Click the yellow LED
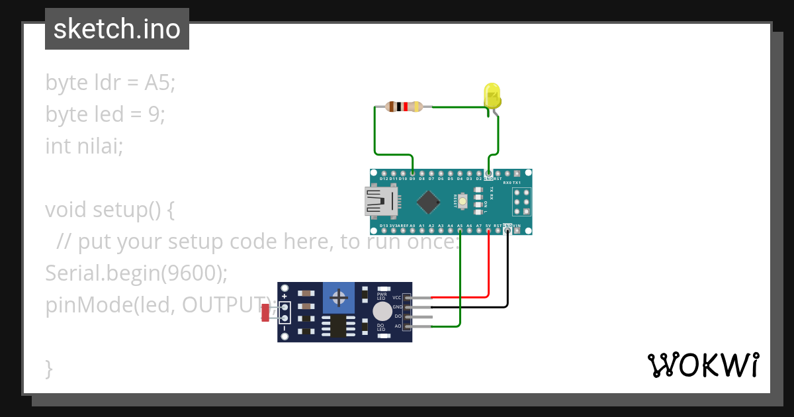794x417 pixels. [492, 95]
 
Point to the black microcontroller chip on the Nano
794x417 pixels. [430, 201]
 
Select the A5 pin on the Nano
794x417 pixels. [460, 230]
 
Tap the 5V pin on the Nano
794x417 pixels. [488, 230]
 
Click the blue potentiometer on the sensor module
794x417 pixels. [339, 298]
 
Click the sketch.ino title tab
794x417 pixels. [117, 29]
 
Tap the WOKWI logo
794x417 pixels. [703, 365]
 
